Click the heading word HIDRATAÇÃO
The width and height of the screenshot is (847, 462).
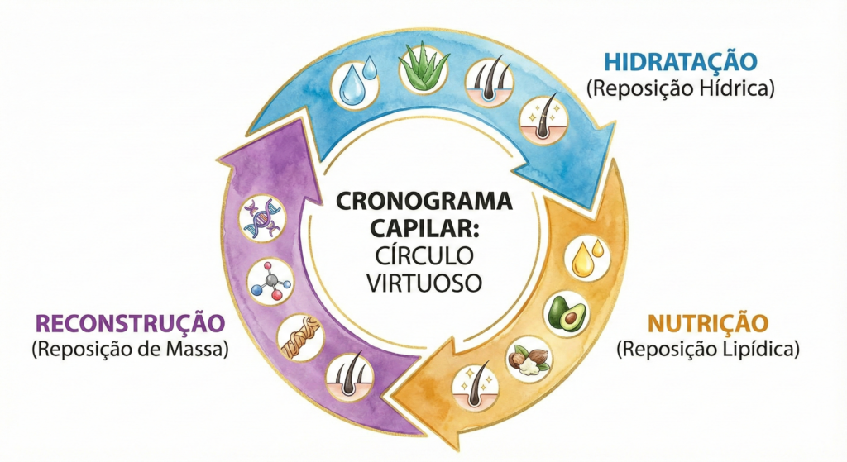[681, 62]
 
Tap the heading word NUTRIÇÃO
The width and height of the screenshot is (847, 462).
[708, 323]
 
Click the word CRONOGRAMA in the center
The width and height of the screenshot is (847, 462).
[423, 202]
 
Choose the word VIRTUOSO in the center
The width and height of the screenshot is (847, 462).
[423, 283]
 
